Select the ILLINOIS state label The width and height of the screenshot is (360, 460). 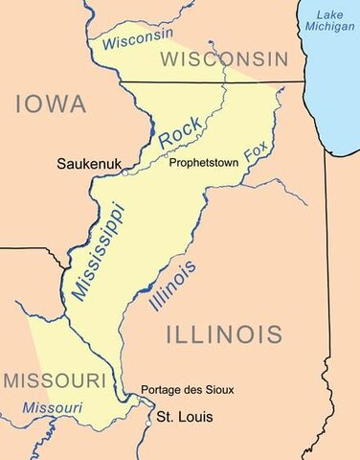[224, 334]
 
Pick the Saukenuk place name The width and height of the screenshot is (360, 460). [89, 164]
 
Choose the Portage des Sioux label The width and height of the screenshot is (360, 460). [187, 390]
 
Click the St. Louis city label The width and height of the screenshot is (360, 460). [185, 417]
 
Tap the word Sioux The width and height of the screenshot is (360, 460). [217, 390]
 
